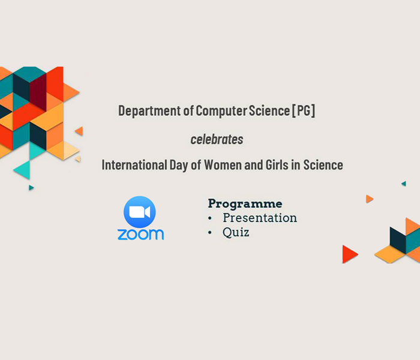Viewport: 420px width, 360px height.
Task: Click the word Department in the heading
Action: [x=149, y=111]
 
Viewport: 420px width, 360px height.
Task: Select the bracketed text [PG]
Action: [x=304, y=110]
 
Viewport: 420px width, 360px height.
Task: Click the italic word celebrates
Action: [x=217, y=139]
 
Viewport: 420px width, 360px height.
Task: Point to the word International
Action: [x=134, y=165]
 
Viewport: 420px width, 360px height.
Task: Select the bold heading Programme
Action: [x=245, y=204]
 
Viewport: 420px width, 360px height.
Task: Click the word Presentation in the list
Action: [x=260, y=218]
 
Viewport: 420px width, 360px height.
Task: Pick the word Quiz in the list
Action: [x=236, y=232]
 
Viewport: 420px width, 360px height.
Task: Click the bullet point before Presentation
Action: [x=210, y=218]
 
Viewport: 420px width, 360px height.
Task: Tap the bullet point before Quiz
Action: [x=210, y=233]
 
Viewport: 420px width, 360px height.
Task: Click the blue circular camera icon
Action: [x=140, y=212]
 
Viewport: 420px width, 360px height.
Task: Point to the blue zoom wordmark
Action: [x=140, y=235]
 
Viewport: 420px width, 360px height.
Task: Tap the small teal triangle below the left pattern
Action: [x=31, y=187]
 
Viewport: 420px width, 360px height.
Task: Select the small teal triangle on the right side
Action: [x=404, y=184]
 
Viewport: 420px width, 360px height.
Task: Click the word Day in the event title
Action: [x=179, y=165]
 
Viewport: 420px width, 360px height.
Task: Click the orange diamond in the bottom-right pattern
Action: [x=390, y=254]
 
